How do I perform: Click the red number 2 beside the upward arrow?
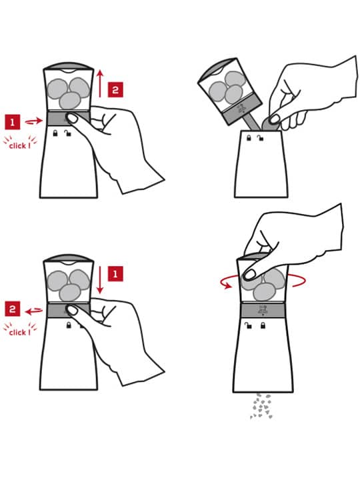point(115,90)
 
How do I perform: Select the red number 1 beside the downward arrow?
point(115,274)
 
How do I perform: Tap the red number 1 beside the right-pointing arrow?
point(13,122)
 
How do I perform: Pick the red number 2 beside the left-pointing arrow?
point(13,309)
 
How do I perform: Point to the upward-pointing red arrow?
point(100,83)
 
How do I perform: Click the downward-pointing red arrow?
point(100,280)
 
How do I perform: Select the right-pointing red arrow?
point(34,121)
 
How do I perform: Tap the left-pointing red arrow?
point(34,311)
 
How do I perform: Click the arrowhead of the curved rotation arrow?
point(227,285)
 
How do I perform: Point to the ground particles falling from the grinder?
point(261,406)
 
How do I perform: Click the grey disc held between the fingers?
point(271,124)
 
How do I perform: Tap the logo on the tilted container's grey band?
point(243,109)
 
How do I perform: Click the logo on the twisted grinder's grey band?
point(262,310)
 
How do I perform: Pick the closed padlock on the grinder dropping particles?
point(263,325)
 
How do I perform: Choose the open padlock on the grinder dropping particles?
point(248,325)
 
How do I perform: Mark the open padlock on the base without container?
point(261,138)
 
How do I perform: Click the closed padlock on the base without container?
point(249,138)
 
